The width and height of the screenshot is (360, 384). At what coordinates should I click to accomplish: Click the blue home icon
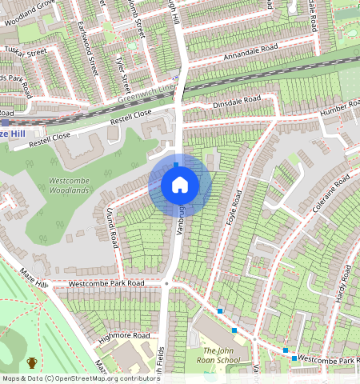click(180, 186)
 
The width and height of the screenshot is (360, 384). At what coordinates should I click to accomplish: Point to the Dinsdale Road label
click(236, 102)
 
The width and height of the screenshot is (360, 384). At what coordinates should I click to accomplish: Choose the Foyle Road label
click(236, 207)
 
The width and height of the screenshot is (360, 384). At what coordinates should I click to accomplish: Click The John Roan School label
click(221, 355)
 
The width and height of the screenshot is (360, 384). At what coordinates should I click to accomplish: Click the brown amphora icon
click(32, 363)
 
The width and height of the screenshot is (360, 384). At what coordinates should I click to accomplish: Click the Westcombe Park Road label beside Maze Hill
click(106, 283)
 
